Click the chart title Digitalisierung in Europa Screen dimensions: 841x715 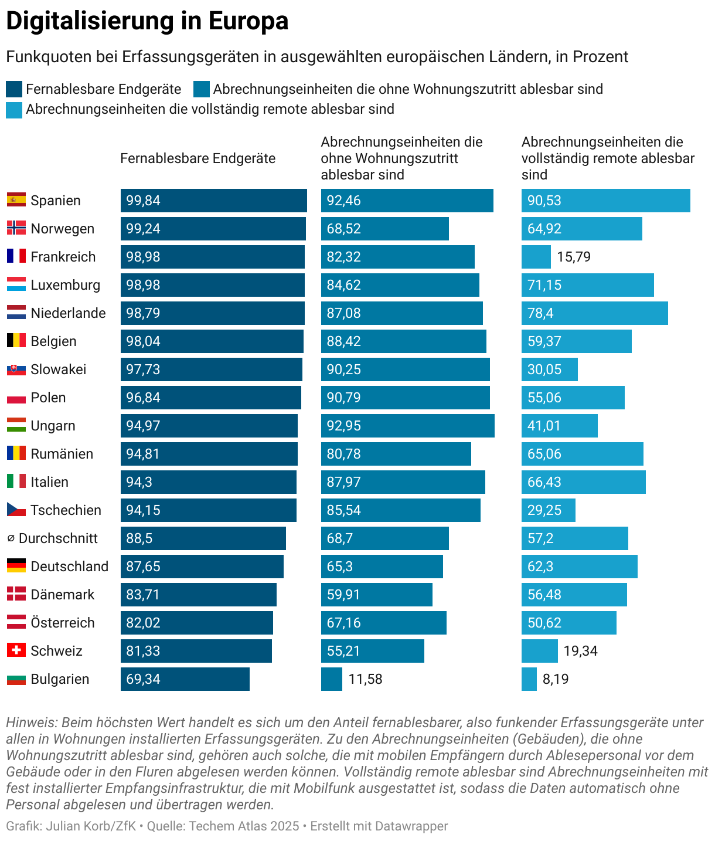pos(147,21)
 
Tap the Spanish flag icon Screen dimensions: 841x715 pos(16,200)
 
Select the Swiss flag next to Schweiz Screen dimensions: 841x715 pos(16,650)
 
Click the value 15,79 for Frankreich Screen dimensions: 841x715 pos(574,257)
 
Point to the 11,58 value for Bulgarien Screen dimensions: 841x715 pos(365,679)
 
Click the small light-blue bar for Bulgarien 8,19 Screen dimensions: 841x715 pos(529,679)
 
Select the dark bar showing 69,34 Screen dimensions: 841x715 pos(185,679)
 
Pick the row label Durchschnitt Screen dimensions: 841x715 pos(58,538)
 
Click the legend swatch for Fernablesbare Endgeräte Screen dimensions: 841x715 pos(14,90)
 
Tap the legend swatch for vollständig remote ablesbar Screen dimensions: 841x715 pos(14,110)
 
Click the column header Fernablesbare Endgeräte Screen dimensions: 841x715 pos(198,158)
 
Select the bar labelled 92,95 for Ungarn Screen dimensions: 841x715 pos(407,426)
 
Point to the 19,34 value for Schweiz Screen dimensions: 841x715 pos(580,651)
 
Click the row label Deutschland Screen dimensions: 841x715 pos(69,567)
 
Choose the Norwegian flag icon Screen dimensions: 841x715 pos(16,228)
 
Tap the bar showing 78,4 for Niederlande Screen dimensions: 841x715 pos(594,313)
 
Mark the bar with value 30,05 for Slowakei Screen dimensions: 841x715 pos(549,369)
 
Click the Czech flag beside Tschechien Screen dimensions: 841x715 pos(16,510)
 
